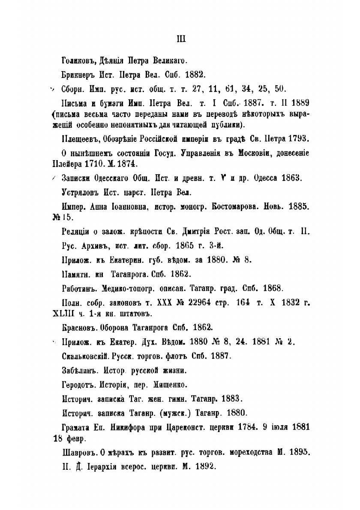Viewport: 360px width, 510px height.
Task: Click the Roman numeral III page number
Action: pos(180,40)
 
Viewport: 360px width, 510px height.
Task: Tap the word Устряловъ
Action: pos(81,191)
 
